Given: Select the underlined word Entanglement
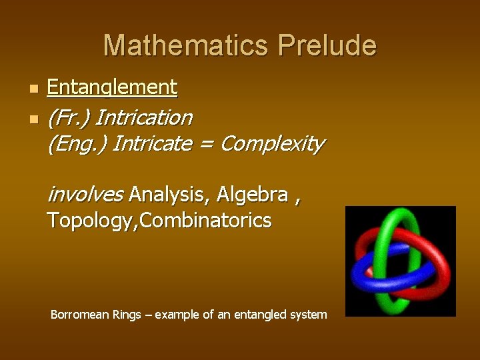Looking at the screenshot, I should point(112,87).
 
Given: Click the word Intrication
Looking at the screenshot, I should point(144,118).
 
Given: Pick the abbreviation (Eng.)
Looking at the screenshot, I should point(77,143).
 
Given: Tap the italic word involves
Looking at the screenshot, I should point(85,194).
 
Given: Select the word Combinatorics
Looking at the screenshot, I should point(206,220).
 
